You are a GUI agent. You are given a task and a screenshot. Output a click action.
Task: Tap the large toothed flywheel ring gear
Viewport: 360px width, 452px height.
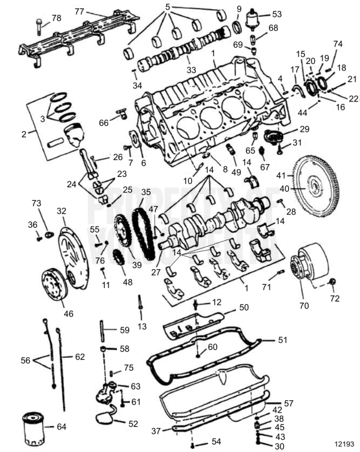pos(315,188)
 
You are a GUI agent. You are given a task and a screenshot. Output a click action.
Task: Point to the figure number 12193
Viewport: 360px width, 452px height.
pos(345,444)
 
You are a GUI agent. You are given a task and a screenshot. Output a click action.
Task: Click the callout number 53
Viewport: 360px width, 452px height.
pos(276,14)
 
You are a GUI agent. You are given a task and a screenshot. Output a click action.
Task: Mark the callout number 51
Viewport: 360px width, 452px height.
pos(281,340)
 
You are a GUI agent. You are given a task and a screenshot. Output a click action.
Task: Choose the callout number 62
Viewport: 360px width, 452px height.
pos(79,356)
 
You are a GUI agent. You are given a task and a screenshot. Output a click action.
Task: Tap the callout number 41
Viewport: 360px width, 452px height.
pos(281,175)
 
